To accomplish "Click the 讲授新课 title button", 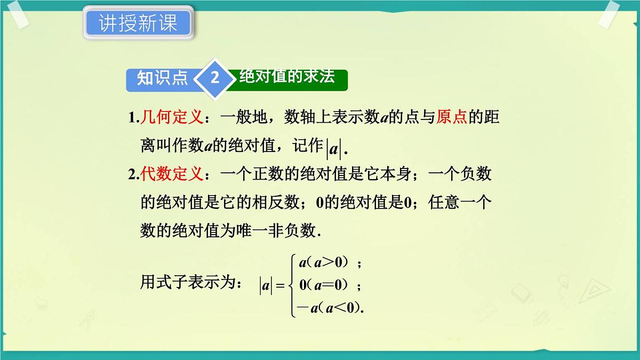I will coord(138,23).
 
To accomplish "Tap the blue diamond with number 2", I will coord(214,78).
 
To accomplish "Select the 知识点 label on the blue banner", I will coord(162,78).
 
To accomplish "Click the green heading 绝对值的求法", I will coord(287,76).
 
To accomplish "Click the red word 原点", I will coord(452,117).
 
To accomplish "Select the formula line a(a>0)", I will coord(325,262).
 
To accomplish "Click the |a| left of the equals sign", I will coord(266,286).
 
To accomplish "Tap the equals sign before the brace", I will coord(281,286).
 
